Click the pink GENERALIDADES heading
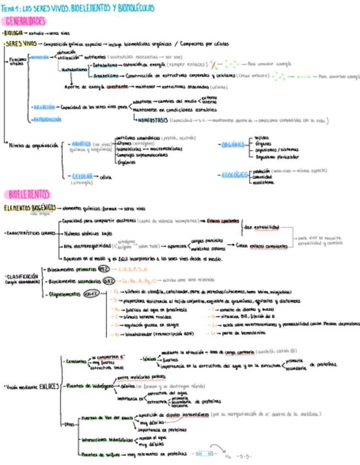click(24, 21)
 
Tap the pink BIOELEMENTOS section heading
click(28, 194)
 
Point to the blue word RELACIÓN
click(44, 107)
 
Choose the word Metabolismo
click(73, 70)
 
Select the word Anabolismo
click(107, 76)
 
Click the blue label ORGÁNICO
click(232, 145)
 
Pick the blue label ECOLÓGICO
click(234, 175)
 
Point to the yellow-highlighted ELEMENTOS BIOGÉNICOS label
click(29, 208)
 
